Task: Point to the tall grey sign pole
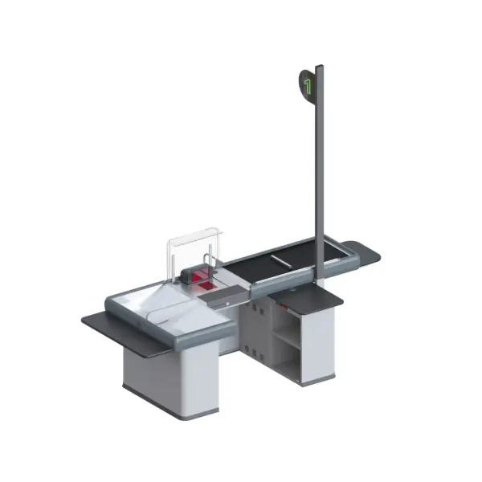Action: coord(320,177)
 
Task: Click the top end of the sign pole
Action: coord(319,67)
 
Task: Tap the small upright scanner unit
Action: coord(197,276)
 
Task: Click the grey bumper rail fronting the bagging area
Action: coord(193,331)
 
